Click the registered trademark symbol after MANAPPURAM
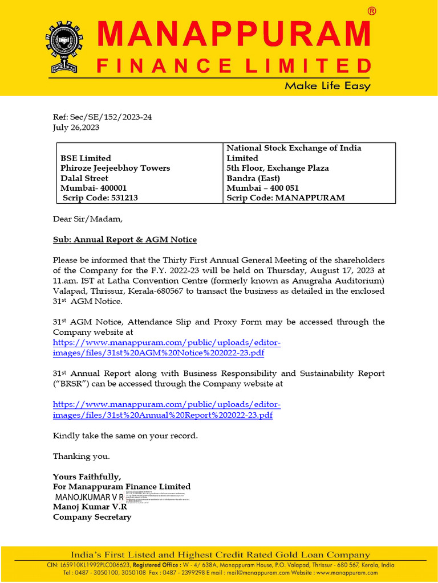pos(371,11)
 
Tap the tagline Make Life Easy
pos(327,86)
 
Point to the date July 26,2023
pos(76,128)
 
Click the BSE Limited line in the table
pos(86,158)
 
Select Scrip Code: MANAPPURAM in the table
pos(286,198)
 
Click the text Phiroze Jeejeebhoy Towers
pos(115,168)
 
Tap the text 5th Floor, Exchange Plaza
pos(277,168)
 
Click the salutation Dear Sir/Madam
pos(87,219)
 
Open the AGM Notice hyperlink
pos(167,347)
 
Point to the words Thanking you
pos(81,456)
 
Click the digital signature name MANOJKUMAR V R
pos(89,497)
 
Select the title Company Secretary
pos(92,517)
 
